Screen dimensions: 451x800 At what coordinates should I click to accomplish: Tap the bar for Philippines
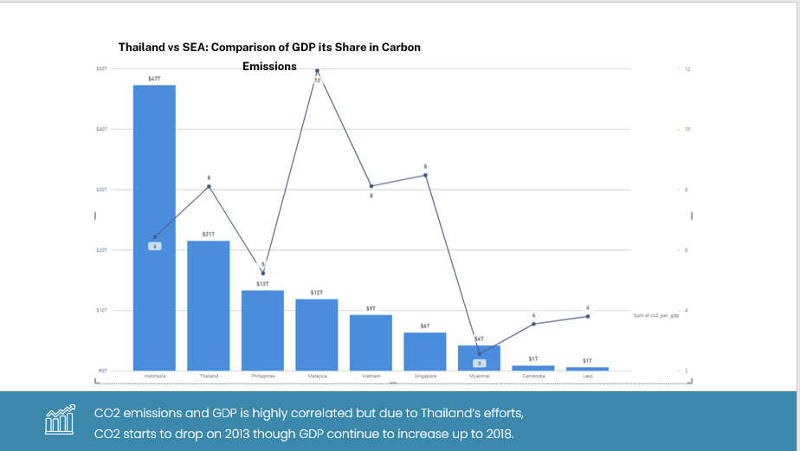click(x=262, y=330)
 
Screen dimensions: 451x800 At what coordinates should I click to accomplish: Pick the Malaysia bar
click(x=317, y=334)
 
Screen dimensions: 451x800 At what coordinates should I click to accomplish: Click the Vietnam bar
click(x=371, y=342)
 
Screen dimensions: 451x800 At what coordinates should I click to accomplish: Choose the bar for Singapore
click(x=425, y=351)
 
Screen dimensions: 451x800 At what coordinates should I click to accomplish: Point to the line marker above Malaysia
click(x=317, y=71)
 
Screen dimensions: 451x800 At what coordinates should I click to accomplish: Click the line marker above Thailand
click(x=209, y=187)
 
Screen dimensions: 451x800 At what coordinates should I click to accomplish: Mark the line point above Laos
click(x=588, y=317)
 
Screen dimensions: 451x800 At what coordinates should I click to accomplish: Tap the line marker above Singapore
click(x=425, y=176)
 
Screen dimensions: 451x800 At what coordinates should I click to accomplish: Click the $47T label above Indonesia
click(x=154, y=79)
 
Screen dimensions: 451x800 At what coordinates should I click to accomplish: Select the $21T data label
click(x=209, y=235)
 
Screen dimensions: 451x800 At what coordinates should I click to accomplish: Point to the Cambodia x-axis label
click(x=533, y=377)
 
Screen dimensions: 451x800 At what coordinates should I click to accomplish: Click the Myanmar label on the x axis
click(x=480, y=377)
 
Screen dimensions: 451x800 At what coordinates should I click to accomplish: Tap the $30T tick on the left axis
click(x=101, y=190)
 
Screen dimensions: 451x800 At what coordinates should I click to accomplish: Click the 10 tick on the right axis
click(x=687, y=129)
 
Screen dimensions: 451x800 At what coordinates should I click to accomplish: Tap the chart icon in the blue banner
click(x=59, y=419)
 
